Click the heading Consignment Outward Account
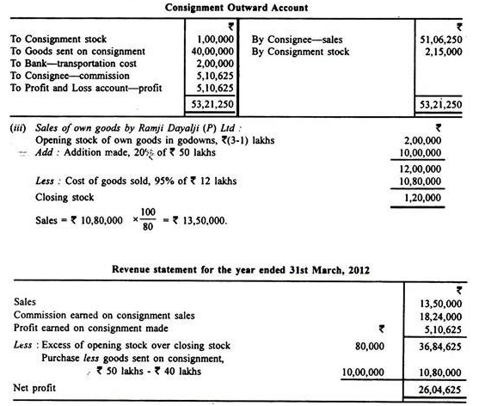click(x=240, y=8)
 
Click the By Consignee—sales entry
click(x=297, y=39)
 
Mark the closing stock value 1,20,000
click(x=439, y=197)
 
